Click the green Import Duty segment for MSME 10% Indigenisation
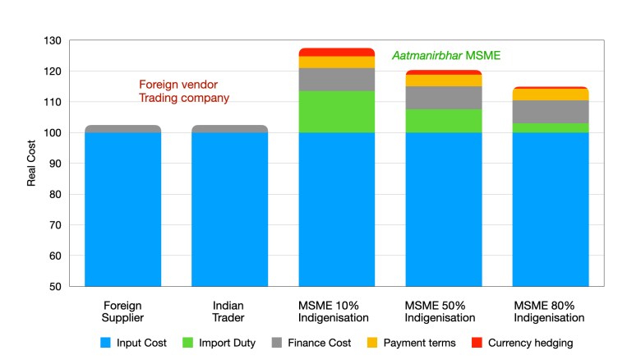click(x=337, y=112)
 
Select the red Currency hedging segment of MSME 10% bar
click(x=337, y=52)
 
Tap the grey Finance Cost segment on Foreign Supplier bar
click(x=122, y=128)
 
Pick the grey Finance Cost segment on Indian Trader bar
click(x=229, y=128)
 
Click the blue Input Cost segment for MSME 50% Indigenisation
click(x=444, y=209)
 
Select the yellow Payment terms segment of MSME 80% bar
click(x=551, y=95)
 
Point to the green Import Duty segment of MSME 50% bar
click(x=444, y=121)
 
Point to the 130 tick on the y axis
click(x=53, y=40)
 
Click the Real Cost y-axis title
click(x=32, y=164)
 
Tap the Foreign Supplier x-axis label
click(x=122, y=311)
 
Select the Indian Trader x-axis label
click(x=229, y=311)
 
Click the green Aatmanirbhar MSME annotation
click(x=445, y=56)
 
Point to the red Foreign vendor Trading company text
click(x=183, y=91)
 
